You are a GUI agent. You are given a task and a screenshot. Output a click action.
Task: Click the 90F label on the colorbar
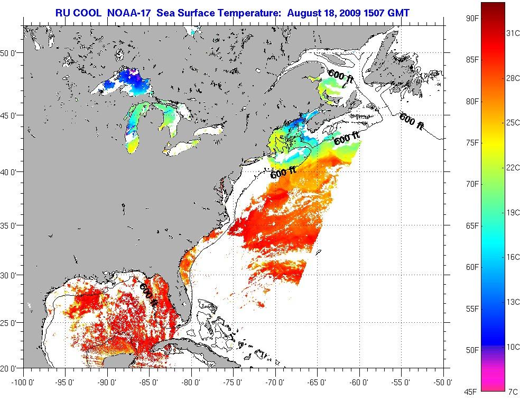point(472,18)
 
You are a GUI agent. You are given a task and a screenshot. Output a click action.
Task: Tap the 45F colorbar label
point(472,392)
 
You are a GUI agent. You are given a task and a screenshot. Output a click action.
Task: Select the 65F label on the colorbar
point(472,226)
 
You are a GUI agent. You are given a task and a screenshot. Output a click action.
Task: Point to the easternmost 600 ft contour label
point(412,121)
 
